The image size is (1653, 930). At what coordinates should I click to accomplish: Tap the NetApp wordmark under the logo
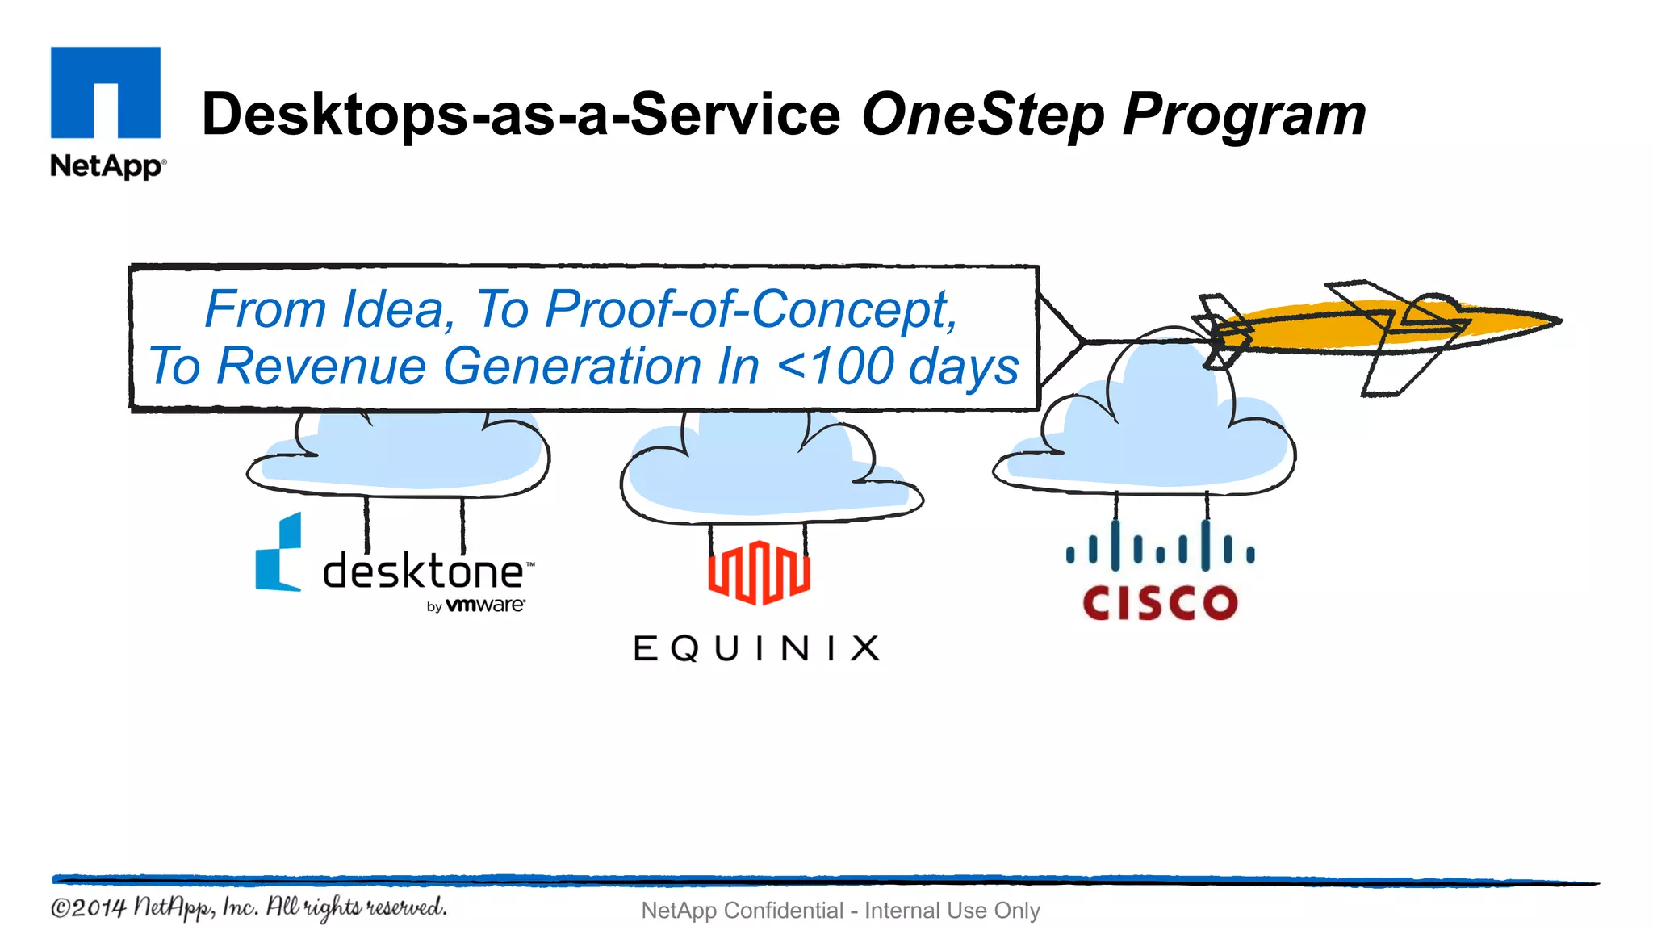pyautogui.click(x=107, y=165)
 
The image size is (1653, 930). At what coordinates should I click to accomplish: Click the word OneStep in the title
pyautogui.click(x=982, y=115)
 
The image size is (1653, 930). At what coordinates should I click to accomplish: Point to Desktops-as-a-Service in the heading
pyautogui.click(x=521, y=115)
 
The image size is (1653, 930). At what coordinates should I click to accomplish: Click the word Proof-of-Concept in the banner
pyautogui.click(x=751, y=309)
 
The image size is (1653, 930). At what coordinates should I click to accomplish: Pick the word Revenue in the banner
pyautogui.click(x=321, y=367)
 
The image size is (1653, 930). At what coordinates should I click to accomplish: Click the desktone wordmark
pyautogui.click(x=425, y=572)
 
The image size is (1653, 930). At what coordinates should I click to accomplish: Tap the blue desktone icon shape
pyautogui.click(x=278, y=553)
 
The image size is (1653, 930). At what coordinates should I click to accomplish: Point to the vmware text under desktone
pyautogui.click(x=485, y=605)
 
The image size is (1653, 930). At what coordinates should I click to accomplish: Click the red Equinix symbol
pyautogui.click(x=759, y=572)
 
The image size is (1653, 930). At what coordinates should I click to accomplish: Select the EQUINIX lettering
pyautogui.click(x=756, y=648)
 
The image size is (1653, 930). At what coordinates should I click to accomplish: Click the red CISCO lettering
pyautogui.click(x=1160, y=603)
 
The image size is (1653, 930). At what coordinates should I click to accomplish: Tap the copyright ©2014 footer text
pyautogui.click(x=247, y=907)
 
